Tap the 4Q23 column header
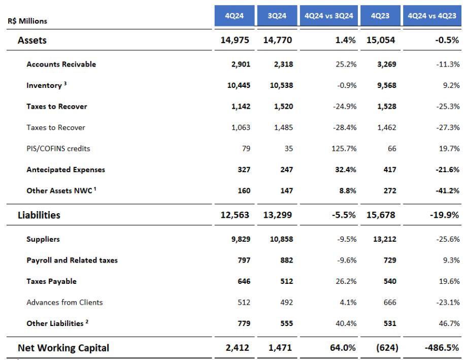click(x=379, y=16)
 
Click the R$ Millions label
click(x=26, y=22)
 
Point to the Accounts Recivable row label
click(x=61, y=64)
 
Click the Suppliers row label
click(x=43, y=239)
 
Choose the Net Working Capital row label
click(x=63, y=348)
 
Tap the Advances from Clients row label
click(x=64, y=302)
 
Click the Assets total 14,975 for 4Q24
click(x=235, y=41)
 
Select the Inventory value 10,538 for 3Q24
click(x=281, y=85)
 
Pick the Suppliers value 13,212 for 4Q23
click(x=383, y=239)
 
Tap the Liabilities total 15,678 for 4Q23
click(x=379, y=215)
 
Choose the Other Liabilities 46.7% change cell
click(x=447, y=323)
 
